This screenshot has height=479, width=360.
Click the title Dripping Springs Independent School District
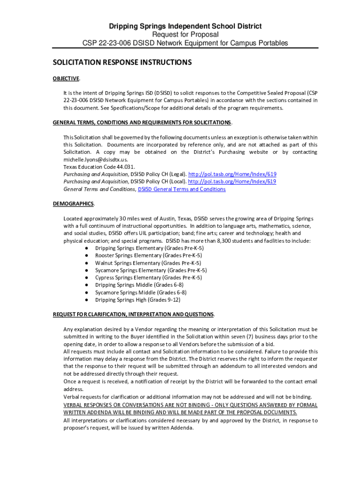(x=186, y=26)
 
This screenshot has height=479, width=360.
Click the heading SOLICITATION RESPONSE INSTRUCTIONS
(x=122, y=62)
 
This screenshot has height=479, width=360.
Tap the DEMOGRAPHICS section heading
(x=73, y=204)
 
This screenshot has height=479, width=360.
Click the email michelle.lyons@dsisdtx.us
(x=95, y=160)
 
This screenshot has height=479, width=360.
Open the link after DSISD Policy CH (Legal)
(x=232, y=174)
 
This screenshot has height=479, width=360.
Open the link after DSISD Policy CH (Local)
(x=232, y=181)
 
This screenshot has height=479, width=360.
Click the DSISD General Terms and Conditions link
(x=182, y=189)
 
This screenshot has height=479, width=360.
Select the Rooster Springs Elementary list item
(x=148, y=255)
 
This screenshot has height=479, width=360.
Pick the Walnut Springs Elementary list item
(x=148, y=263)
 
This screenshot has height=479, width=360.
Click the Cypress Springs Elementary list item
(x=148, y=277)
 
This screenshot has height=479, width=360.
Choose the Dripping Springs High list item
(x=137, y=300)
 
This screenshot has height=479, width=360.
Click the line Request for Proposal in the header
(x=186, y=35)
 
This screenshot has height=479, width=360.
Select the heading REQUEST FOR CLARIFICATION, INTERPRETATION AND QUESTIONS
(x=133, y=314)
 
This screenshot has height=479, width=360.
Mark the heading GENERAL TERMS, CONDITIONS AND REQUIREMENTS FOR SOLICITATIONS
(x=142, y=123)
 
